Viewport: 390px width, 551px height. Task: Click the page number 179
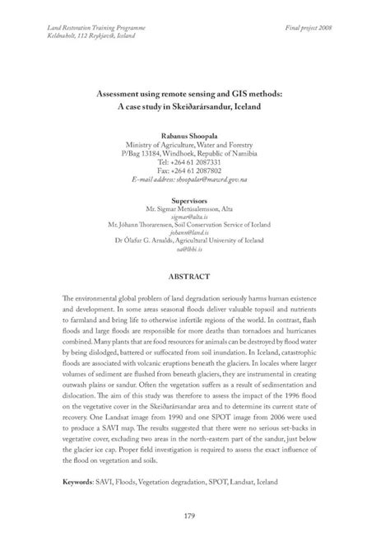(x=195, y=516)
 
